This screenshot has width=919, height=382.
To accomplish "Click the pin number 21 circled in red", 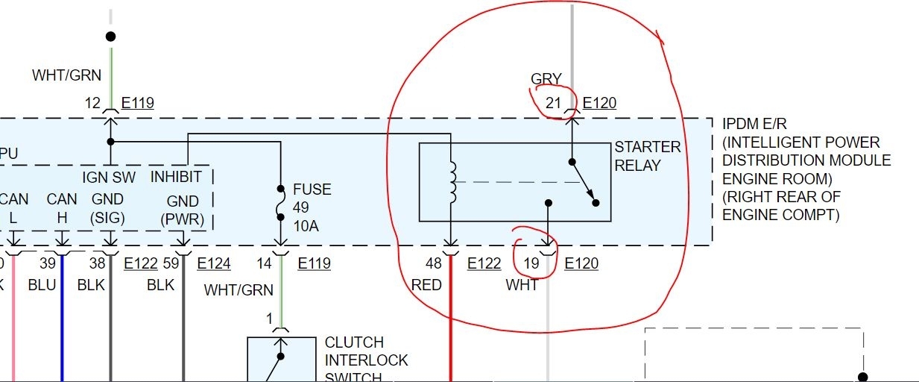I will click(x=553, y=103).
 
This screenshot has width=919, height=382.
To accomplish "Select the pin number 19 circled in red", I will click(x=531, y=263).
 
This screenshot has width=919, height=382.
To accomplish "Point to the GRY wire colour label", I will click(x=546, y=79).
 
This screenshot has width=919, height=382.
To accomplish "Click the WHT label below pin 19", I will click(x=522, y=285).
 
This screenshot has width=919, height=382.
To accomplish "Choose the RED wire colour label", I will click(x=426, y=285).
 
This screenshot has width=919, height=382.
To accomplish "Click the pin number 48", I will click(x=434, y=263).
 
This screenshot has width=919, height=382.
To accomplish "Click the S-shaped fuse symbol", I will click(x=281, y=203).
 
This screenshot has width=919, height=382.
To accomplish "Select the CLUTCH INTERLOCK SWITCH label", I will click(x=366, y=360).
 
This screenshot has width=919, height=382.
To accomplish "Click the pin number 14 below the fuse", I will click(x=265, y=263).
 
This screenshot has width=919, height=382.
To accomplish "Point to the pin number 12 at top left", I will click(x=92, y=103).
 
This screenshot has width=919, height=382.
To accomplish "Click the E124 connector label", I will click(x=214, y=263).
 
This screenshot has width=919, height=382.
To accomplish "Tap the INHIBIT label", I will click(x=176, y=177).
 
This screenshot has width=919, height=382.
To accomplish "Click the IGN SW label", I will click(x=109, y=177).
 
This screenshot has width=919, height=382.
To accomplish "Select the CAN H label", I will click(x=62, y=208).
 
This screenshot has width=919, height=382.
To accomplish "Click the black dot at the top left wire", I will click(x=110, y=37).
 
